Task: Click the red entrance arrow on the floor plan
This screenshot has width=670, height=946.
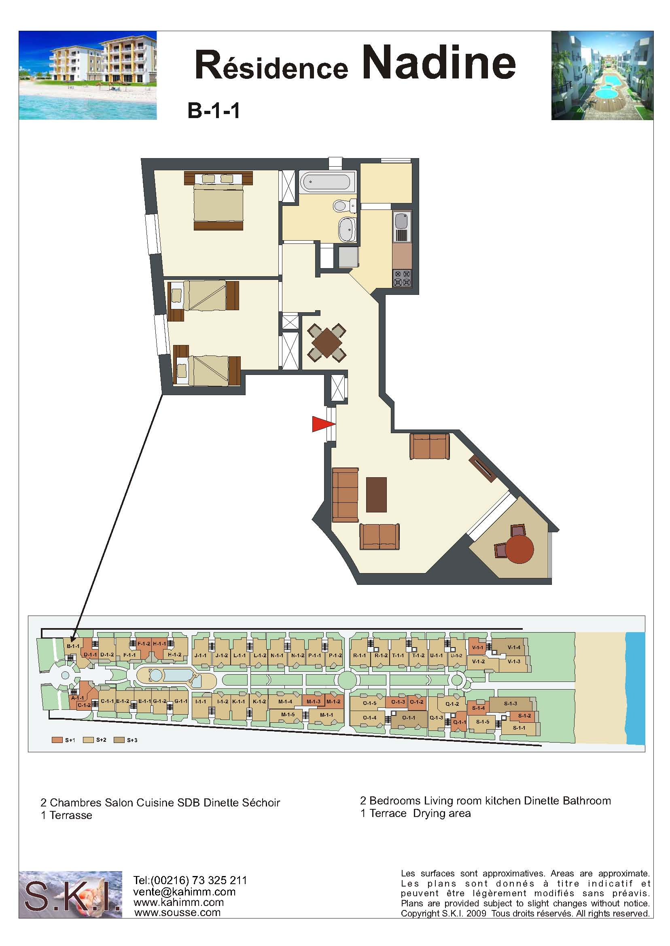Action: point(322,424)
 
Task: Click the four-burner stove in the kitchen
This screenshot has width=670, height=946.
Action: point(402,278)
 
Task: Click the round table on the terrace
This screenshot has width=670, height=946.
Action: point(519,549)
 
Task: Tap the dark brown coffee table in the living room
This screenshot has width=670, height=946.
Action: point(376,495)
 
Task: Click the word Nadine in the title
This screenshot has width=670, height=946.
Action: point(439,63)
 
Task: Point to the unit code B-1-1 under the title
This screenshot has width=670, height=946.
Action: point(214,111)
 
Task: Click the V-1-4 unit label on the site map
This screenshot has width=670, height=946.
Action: point(514,647)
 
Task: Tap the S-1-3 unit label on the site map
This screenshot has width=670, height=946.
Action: point(510,703)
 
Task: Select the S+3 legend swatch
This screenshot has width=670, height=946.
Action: point(119,740)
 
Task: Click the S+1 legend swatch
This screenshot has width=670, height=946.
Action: point(57,740)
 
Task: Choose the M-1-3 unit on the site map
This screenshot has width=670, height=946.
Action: point(313,701)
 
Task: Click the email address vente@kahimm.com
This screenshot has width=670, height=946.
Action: point(184,891)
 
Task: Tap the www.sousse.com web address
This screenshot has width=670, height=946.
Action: point(177,912)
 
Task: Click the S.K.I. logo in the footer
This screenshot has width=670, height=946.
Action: point(70,895)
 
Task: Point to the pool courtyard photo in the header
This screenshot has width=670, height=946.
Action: point(602,76)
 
